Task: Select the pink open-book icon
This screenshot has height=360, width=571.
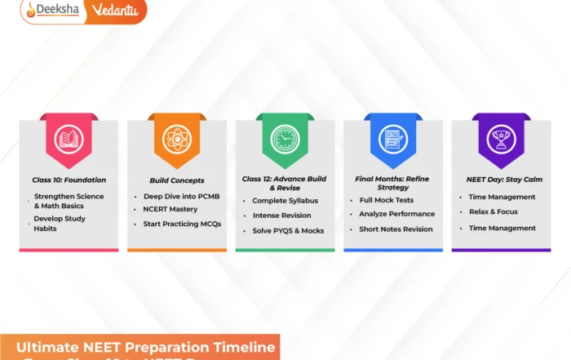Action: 69,140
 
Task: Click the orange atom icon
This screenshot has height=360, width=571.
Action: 176,139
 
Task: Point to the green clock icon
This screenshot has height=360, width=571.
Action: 285,139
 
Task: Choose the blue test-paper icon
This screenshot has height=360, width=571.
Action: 392,139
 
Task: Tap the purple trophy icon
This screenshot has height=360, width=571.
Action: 501,139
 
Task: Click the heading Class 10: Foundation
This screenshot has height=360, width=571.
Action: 69,180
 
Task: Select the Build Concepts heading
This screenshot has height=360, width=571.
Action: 176,180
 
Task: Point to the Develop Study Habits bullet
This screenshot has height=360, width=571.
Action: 60,223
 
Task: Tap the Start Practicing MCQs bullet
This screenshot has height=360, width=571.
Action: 182,224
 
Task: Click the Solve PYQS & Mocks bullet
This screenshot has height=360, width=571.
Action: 288,231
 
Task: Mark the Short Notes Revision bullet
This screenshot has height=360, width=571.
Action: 396,229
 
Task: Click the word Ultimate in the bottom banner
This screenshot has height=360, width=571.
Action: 48,347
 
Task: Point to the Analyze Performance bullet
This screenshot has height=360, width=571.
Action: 396,214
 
